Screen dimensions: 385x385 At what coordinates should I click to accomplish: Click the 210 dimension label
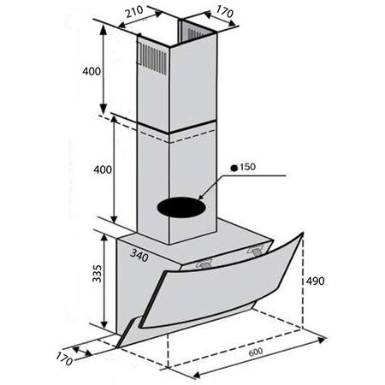coord(134,12)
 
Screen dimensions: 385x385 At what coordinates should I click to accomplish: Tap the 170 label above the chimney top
coord(225,12)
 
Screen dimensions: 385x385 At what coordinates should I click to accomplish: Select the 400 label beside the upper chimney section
coord(92,71)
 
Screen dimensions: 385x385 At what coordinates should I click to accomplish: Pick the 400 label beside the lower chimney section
coord(103,169)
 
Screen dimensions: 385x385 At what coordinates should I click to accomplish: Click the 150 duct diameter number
coord(247,167)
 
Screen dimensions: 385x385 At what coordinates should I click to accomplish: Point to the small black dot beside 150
coord(234,169)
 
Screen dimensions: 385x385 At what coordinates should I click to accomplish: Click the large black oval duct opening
coord(181,207)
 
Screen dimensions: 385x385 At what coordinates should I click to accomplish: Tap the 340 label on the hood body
coord(139,255)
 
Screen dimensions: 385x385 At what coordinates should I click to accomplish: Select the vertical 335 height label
coord(98,273)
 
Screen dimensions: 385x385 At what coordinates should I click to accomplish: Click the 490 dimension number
coord(315,281)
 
